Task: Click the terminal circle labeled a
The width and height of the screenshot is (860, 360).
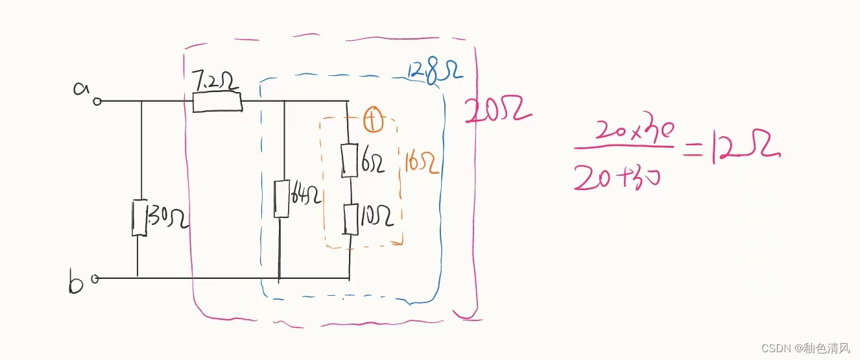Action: [97, 101]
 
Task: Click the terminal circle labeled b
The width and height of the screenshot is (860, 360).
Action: [95, 280]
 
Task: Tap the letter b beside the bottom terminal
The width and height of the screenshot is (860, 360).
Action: [75, 283]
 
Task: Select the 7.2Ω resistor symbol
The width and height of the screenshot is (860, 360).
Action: [217, 102]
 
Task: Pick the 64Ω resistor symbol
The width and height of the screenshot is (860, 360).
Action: [281, 198]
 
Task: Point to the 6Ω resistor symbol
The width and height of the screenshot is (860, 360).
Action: [349, 160]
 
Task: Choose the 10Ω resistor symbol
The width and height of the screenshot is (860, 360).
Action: [350, 219]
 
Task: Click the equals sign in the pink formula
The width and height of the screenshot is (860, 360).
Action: [691, 150]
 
